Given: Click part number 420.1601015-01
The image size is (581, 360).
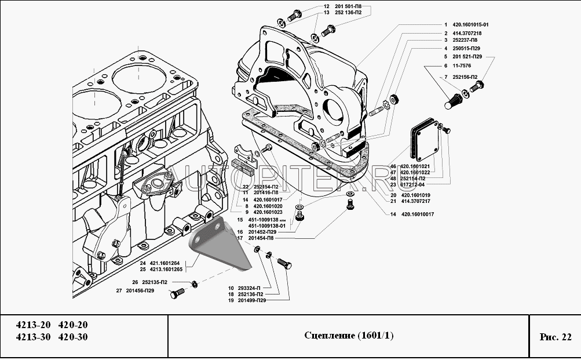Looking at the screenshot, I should coord(471,25).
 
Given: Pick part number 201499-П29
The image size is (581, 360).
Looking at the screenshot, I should coord(251,301).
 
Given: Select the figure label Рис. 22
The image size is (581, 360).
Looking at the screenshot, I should coord(555,336).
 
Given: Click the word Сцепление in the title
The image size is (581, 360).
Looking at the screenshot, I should coord(324,336).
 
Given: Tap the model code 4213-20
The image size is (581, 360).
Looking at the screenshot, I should coord(29,325).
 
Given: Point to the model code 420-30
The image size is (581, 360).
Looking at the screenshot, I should coord(73,337).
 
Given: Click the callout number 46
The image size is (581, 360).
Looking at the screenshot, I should coord(392,166).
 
